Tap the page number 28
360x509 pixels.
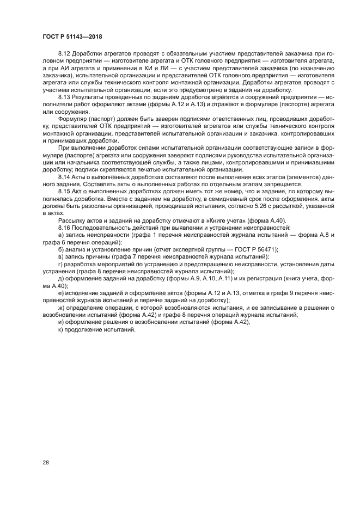coord(46,463)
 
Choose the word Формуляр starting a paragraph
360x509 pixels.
coord(73,118)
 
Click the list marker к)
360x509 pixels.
coord(60,329)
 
